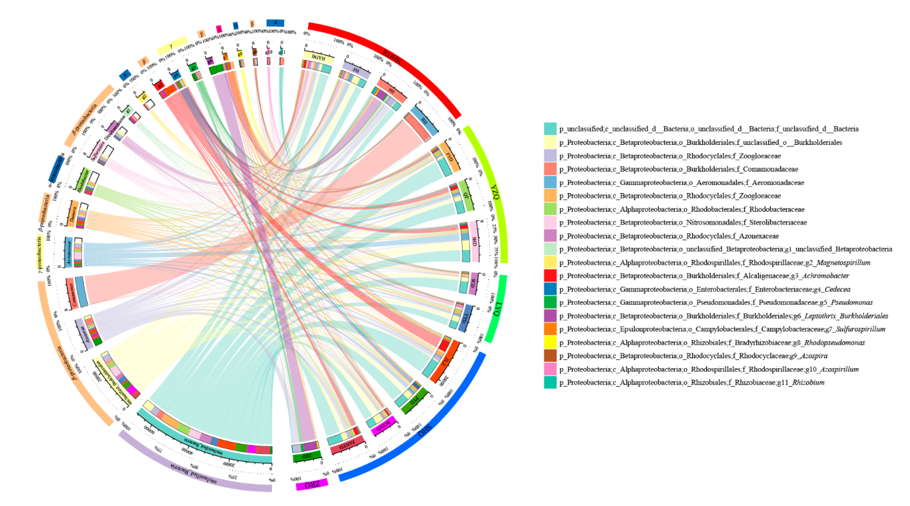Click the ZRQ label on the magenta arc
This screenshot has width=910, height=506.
click(x=312, y=484)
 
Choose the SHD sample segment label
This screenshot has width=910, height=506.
click(x=474, y=242)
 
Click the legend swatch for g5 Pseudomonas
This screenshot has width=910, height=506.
click(x=550, y=302)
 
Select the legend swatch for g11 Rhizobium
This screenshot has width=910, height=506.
click(x=550, y=382)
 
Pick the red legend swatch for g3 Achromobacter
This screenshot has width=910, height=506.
click(x=550, y=276)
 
